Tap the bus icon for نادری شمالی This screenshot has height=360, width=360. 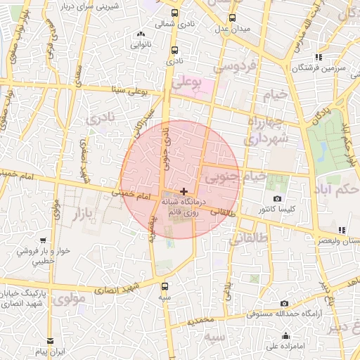point(174,12)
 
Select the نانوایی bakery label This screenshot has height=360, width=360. point(141,43)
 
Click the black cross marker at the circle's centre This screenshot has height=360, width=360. point(184,191)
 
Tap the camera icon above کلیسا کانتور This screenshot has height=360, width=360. point(277,199)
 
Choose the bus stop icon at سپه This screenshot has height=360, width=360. point(165,286)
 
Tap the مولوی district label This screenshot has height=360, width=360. point(68,298)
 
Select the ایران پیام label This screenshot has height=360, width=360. point(51,350)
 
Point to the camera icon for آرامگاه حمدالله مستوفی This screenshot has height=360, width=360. point(284,304)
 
